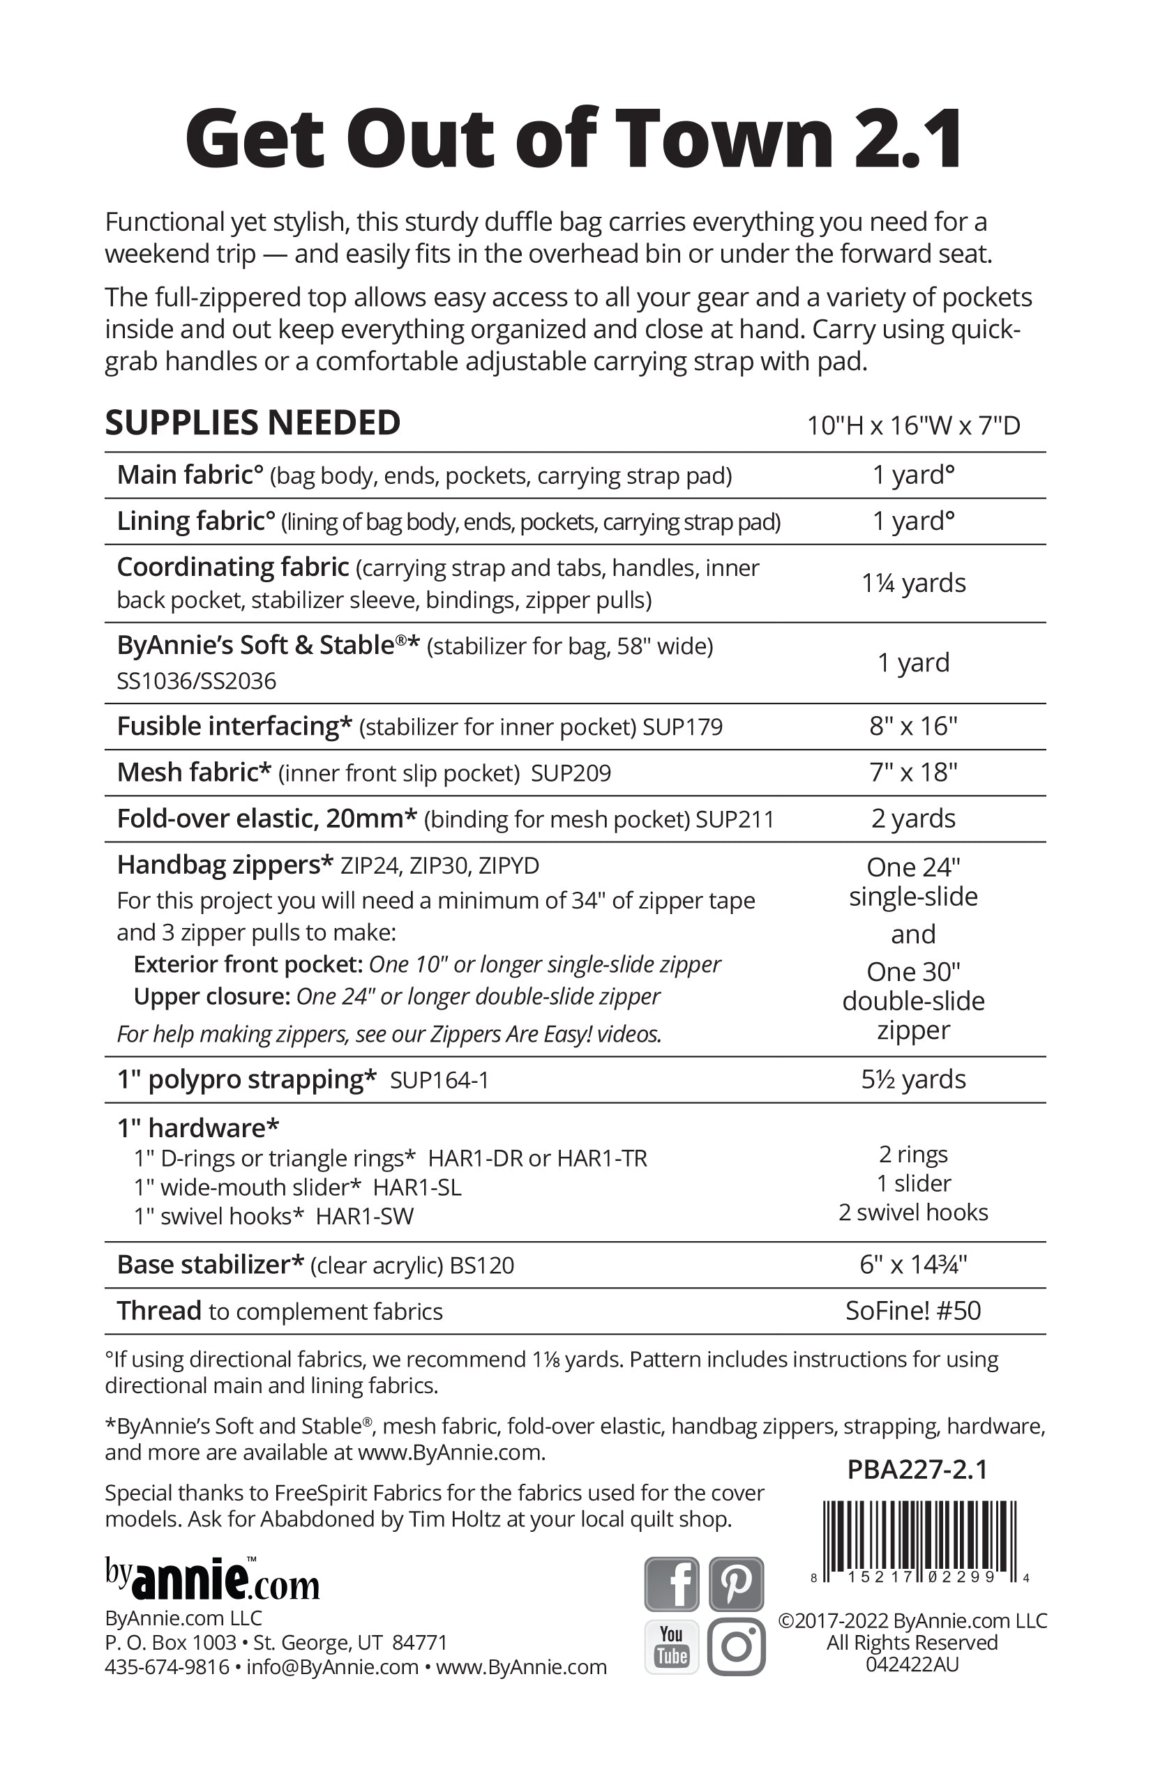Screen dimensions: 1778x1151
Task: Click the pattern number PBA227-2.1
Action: tap(917, 1470)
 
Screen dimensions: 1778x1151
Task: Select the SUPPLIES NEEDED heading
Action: tap(253, 423)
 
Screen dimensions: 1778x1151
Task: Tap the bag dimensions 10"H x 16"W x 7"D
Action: tap(913, 426)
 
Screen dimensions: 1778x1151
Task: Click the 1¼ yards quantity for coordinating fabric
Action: tap(913, 583)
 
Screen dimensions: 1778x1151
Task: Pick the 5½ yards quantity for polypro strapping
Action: tap(913, 1079)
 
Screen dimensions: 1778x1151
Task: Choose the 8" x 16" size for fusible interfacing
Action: tap(913, 726)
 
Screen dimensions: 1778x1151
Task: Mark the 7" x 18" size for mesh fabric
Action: tap(913, 773)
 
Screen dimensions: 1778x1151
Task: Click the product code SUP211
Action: tap(735, 819)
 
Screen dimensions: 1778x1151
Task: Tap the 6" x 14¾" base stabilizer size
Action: tap(913, 1265)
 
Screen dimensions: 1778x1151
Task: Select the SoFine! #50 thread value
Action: tap(913, 1311)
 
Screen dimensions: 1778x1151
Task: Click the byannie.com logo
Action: tap(212, 1580)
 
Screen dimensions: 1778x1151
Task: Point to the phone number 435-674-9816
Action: tap(167, 1667)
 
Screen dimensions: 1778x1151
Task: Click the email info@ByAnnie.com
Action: tap(332, 1667)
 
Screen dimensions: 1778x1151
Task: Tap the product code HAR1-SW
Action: tap(364, 1216)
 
